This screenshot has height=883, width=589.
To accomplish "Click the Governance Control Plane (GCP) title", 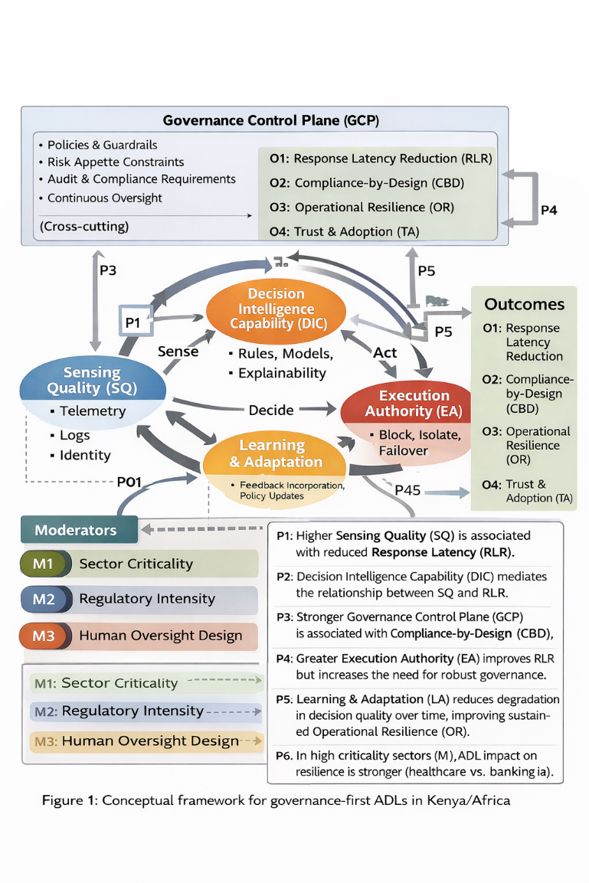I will click(271, 120).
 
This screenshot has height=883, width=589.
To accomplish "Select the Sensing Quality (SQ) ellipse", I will click(92, 380).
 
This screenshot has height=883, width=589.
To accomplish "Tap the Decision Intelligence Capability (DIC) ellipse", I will click(277, 309).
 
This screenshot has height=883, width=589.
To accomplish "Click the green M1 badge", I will click(44, 564).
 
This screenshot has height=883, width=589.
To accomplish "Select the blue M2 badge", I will click(44, 599).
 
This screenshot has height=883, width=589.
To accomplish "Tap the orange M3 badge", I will click(44, 635).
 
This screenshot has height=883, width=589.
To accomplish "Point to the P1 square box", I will click(133, 322).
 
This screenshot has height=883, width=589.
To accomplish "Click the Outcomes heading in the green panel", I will click(524, 304).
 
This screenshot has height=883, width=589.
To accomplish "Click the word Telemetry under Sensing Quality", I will click(92, 410).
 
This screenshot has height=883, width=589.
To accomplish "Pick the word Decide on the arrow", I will click(271, 410).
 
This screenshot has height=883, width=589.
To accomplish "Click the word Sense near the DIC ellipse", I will click(178, 352).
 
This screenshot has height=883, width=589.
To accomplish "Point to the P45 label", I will click(407, 490).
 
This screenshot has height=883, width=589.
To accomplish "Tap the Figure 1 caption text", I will click(276, 800).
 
